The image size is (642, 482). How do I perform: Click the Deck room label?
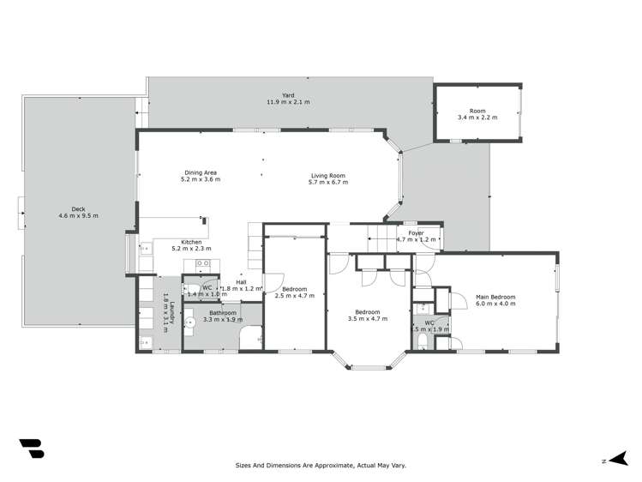coord(78,208)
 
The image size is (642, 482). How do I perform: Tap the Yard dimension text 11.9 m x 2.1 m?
coord(287,102)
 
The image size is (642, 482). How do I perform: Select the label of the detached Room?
coord(477,111)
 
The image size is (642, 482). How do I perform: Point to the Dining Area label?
coord(200,172)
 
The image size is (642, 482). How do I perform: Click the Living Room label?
coord(328,177)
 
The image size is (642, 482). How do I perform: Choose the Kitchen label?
coord(191,242)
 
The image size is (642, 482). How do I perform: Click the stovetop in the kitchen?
coord(203,264)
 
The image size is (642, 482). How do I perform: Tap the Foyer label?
coord(416,233)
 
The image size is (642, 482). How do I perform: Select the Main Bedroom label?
coord(495,297)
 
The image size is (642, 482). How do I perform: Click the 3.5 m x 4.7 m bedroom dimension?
coord(368,318)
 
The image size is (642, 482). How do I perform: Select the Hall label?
coord(242,281)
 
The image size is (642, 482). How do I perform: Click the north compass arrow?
coord(615,460)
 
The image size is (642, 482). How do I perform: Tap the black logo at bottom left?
coord(32,449)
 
